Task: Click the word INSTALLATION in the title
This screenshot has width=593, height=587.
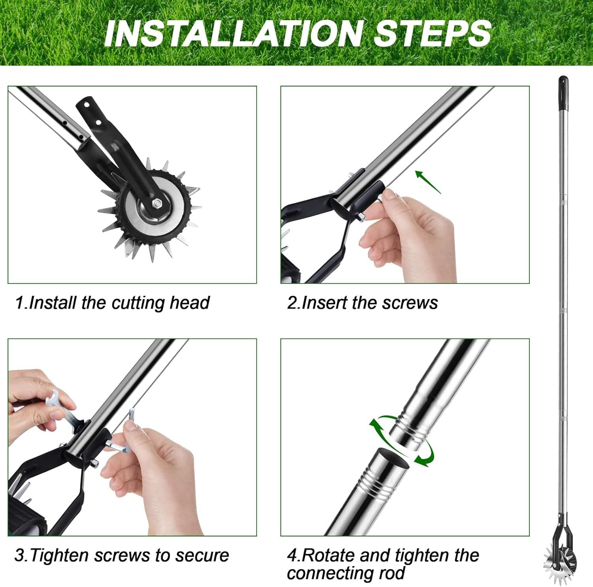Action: (x=233, y=33)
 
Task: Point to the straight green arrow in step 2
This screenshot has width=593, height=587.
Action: (x=428, y=182)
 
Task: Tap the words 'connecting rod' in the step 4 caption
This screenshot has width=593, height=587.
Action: (x=346, y=573)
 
